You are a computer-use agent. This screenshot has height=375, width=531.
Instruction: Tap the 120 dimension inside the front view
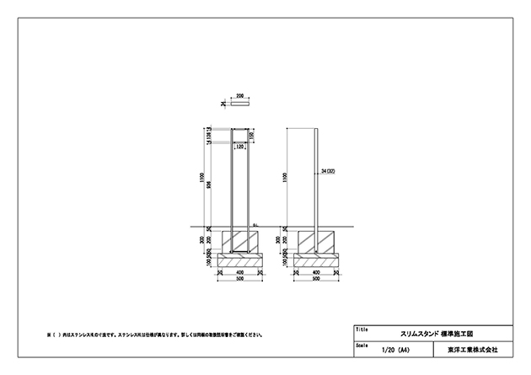pos(240,146)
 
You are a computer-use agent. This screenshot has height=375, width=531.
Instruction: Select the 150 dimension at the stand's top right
pos(251,137)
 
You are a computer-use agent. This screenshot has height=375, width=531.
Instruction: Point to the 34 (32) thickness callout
pos(330,171)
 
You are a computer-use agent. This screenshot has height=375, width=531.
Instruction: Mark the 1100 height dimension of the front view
pos(203,178)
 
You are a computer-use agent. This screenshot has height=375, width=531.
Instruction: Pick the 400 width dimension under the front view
pos(240,273)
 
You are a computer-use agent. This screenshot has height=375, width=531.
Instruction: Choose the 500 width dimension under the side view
pos(317,280)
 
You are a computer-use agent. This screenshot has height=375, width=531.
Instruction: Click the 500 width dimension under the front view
pos(240,280)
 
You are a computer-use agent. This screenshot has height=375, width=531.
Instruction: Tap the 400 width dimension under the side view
pos(317,273)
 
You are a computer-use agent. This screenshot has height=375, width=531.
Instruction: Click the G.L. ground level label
pos(256,224)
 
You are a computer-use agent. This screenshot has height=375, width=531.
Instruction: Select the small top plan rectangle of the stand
pos(240,104)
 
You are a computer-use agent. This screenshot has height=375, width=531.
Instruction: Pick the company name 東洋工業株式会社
pos(473,349)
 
